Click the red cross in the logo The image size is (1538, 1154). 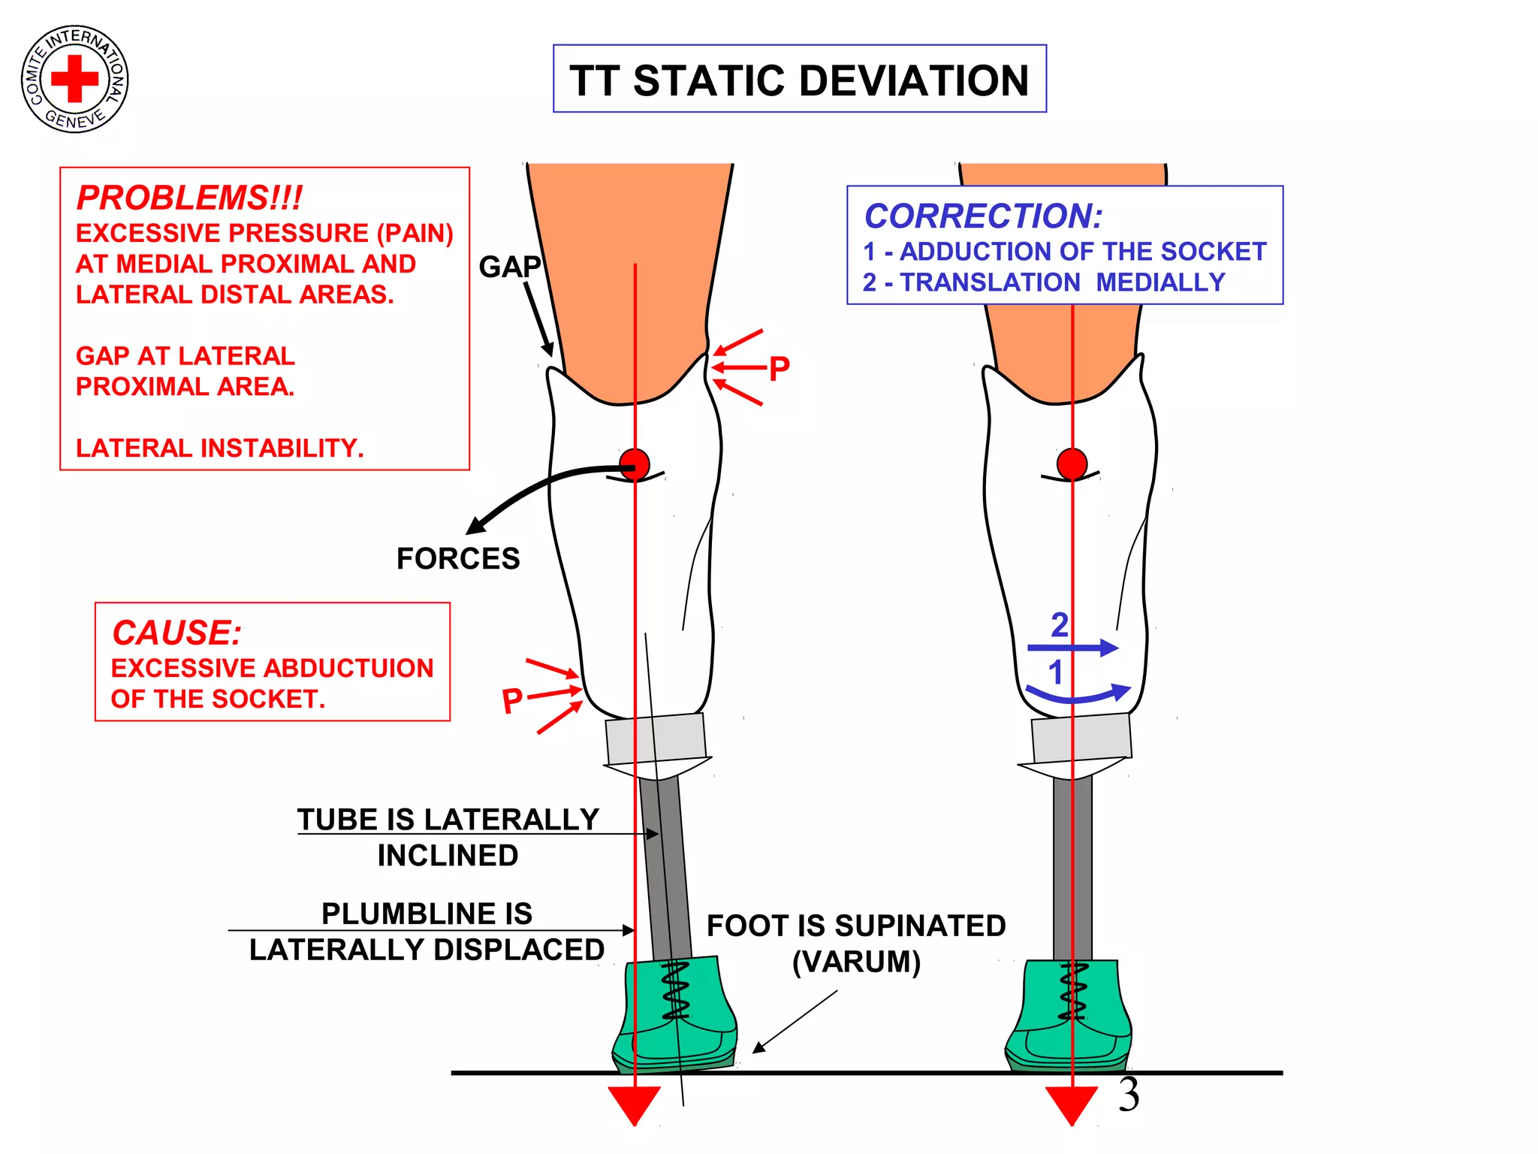tap(74, 78)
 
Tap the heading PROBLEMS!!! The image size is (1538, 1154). tap(189, 198)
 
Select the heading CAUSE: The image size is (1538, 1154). tap(176, 633)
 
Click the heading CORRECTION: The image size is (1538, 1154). tap(983, 216)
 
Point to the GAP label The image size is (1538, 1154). tap(509, 267)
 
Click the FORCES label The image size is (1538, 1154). tap(457, 559)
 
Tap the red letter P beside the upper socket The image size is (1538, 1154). tap(780, 368)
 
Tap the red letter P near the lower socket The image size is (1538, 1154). tap(512, 700)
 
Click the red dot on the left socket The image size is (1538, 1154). tap(635, 464)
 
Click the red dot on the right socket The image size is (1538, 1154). tap(1072, 464)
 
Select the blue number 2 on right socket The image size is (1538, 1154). tap(1059, 625)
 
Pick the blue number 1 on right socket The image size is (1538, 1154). tap(1055, 672)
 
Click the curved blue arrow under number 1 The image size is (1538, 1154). tap(1078, 695)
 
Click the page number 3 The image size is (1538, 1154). tap(1128, 1095)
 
